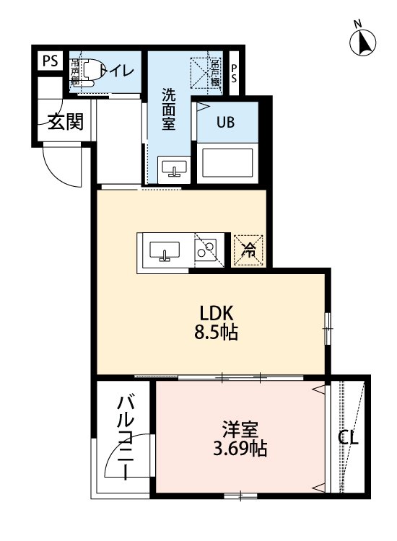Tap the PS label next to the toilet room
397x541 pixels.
49,61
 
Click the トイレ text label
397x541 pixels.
115,70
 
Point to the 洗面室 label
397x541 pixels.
169,109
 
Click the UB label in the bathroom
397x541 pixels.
226,121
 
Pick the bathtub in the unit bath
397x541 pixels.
227,163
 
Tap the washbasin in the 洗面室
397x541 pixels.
174,169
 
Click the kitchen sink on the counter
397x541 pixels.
165,250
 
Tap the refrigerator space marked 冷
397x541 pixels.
248,250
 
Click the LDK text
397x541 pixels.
214,314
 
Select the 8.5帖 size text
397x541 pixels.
214,333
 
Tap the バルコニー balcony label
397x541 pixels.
125,437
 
